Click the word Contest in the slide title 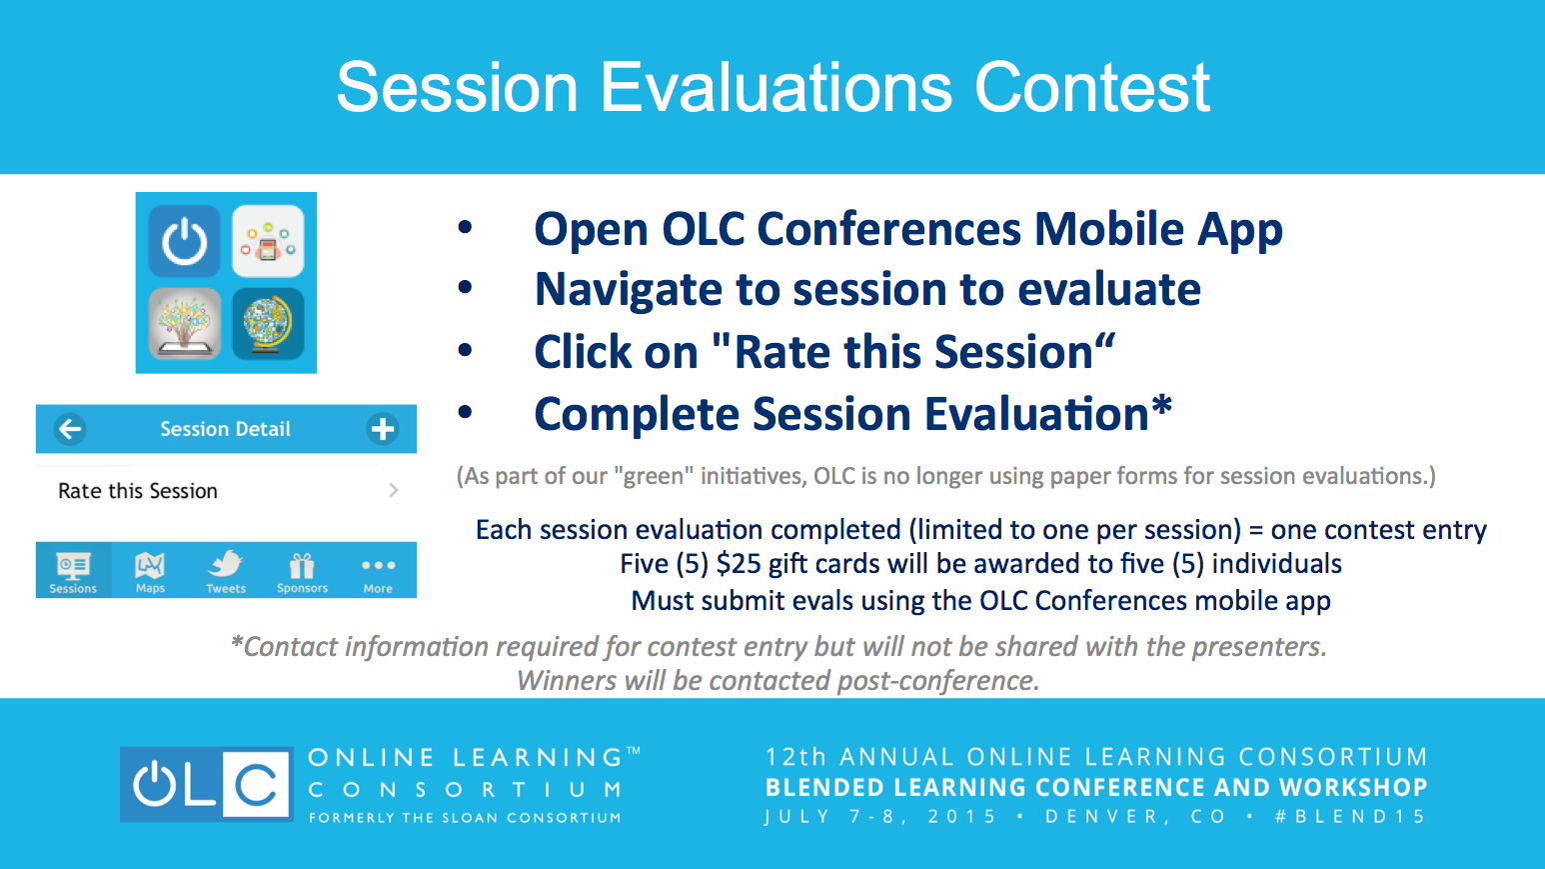[1092, 87]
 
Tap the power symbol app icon [184, 241]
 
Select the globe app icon [268, 324]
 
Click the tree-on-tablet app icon [184, 324]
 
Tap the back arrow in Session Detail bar [70, 429]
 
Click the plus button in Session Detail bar [382, 429]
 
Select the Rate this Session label [138, 491]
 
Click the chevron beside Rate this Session [393, 490]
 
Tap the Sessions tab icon [73, 566]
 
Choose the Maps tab [150, 572]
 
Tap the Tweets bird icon [226, 564]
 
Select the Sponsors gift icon [302, 566]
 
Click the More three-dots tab [378, 572]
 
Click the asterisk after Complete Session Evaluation [1161, 404]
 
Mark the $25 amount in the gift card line [738, 564]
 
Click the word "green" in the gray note [654, 476]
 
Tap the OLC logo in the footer [207, 784]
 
